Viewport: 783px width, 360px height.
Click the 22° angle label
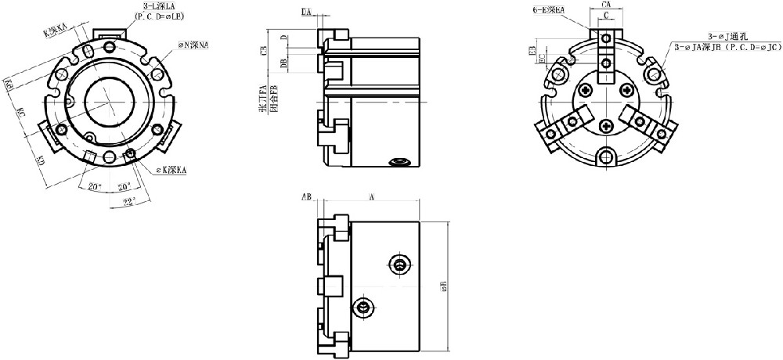pos(128,201)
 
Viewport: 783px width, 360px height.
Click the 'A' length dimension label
pos(370,198)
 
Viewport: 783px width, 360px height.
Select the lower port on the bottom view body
pos(363,308)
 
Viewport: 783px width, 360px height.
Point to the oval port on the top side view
pos(399,163)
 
